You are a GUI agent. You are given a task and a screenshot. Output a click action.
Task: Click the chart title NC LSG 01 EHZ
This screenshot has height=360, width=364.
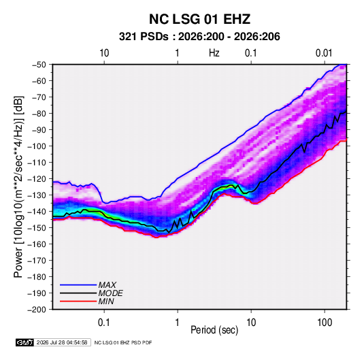199,19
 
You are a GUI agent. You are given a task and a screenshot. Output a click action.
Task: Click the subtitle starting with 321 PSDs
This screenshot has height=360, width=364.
199,37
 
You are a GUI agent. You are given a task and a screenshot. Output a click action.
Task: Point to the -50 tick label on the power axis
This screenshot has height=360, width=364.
39,65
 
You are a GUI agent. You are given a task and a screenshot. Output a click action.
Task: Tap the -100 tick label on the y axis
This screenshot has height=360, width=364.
37,146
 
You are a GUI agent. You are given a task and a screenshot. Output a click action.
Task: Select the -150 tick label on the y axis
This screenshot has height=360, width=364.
37,228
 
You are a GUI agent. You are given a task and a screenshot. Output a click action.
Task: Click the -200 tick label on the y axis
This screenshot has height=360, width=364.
37,310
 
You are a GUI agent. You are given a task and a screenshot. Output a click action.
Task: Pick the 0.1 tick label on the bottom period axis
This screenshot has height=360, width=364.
104,323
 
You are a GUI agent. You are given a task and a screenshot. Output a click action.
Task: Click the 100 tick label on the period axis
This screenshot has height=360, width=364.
325,323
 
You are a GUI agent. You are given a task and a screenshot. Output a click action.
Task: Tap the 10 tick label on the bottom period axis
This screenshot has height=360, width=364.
251,323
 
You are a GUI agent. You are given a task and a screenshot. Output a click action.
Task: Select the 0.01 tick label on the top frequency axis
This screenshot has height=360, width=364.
324,53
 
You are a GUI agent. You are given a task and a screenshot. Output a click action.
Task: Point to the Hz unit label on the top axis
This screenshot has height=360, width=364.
214,53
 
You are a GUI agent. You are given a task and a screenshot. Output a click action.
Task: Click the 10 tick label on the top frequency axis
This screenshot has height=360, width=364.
104,53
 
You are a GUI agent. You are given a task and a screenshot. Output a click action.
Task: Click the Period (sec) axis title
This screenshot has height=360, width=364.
214,330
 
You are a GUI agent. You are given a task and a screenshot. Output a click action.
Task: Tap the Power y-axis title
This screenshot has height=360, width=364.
18,186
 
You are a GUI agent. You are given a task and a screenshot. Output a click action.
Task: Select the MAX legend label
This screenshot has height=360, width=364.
107,285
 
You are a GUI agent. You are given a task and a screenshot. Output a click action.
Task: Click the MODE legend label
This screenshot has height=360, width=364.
110,293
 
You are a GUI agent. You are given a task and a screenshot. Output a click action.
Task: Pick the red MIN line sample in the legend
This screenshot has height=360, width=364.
78,301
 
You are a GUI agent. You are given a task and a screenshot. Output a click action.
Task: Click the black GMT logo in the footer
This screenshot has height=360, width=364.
24,342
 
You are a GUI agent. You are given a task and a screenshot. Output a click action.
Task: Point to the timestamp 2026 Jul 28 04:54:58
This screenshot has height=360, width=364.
62,342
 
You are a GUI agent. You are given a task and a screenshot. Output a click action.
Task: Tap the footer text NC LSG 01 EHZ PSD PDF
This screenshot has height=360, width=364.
123,342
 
